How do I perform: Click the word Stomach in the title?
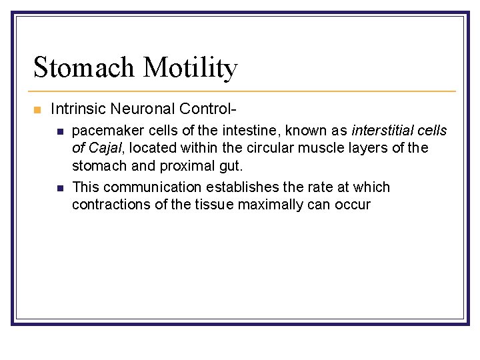click(85, 67)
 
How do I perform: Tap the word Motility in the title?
click(190, 67)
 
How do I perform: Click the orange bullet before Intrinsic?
click(37, 109)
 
